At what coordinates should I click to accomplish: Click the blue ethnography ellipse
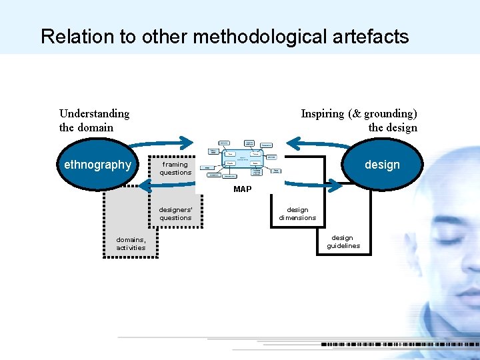click(x=97, y=165)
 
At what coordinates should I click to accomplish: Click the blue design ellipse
click(x=382, y=165)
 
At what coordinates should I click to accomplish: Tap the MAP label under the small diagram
click(x=242, y=189)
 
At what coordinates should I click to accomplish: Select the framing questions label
click(x=175, y=168)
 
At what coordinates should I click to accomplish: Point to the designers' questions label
click(x=175, y=213)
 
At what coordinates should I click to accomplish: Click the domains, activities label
click(x=131, y=243)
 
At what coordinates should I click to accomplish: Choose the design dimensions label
click(x=297, y=213)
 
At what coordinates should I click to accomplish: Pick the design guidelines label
click(x=343, y=241)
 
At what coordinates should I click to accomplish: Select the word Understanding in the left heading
click(x=94, y=113)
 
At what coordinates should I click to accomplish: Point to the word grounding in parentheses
click(x=389, y=113)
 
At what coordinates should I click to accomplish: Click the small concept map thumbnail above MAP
click(x=241, y=161)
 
